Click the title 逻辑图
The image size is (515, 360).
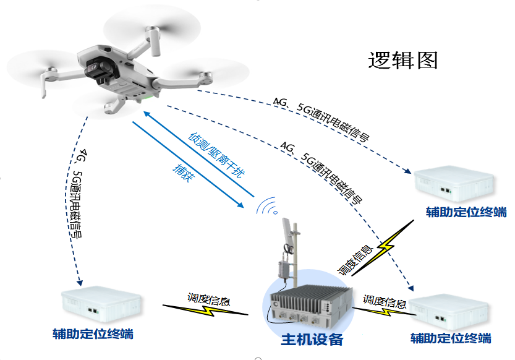pyautogui.click(x=402, y=60)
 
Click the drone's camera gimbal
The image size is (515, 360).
pyautogui.click(x=98, y=68)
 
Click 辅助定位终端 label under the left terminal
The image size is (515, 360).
pyautogui.click(x=93, y=335)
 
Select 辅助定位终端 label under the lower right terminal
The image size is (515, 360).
pyautogui.click(x=451, y=338)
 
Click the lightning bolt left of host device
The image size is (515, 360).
pyautogui.click(x=205, y=309)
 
